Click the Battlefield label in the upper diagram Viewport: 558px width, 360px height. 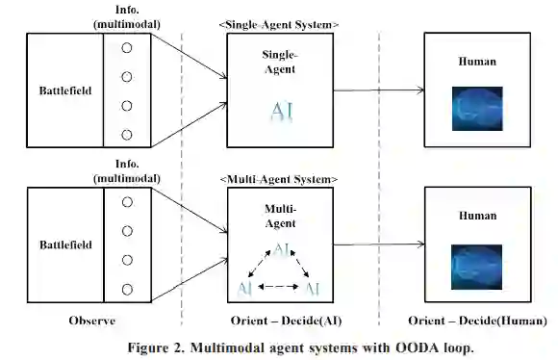point(65,90)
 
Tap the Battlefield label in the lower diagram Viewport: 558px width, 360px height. point(65,245)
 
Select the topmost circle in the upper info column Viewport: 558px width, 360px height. point(127,48)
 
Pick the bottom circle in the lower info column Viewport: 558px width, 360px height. point(127,290)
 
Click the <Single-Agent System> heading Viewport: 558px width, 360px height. point(279,25)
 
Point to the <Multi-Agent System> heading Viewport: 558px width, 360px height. point(279,179)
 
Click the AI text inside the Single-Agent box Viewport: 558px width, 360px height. point(282,112)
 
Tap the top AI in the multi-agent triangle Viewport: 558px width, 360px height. point(281,249)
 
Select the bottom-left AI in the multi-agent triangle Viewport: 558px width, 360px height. point(244,288)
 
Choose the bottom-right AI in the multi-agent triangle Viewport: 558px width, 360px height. point(313,288)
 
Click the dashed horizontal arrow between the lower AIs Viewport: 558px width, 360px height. point(278,286)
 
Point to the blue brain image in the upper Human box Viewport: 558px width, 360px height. point(477,109)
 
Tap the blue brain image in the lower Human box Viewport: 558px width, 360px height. point(476,267)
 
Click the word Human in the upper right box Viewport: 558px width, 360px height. point(477,62)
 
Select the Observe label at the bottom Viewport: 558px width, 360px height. point(92,321)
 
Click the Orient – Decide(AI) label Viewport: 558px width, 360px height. point(286,321)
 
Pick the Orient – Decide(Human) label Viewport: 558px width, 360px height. point(477,321)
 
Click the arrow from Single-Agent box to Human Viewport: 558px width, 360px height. point(379,90)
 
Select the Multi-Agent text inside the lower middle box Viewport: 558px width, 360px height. point(280,217)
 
